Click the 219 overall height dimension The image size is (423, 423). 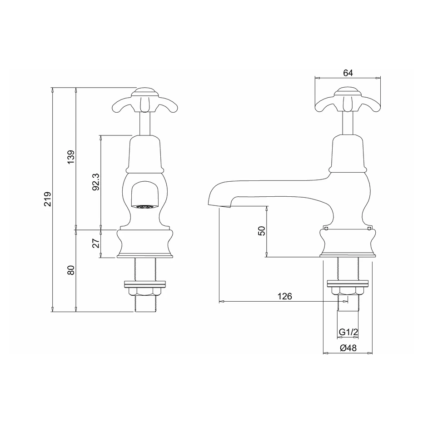point(48,199)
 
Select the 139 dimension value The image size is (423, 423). point(71,157)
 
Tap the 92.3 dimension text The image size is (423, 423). point(96,182)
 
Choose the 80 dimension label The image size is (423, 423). point(71,270)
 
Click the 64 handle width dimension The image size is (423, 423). point(348,73)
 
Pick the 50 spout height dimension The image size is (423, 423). point(262,231)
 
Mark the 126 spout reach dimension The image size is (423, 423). point(285,296)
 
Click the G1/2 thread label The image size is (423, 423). point(348,332)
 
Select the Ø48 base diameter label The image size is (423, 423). point(348,348)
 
